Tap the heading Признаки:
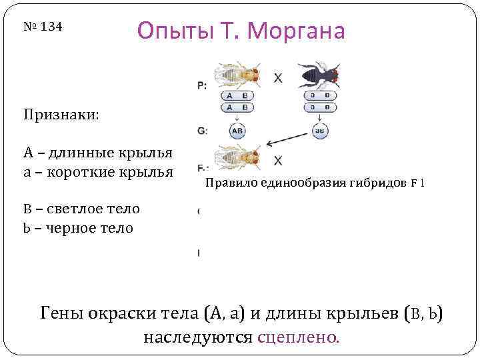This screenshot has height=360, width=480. coord(61,115)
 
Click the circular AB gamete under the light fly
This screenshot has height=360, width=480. coord(236,131)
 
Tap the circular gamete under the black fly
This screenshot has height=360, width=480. coord(319,131)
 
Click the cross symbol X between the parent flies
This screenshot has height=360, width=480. coord(277,79)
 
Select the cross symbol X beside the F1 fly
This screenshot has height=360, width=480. coord(278,161)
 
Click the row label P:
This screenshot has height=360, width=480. coord(201,85)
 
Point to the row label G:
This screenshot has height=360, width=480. coord(201,131)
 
